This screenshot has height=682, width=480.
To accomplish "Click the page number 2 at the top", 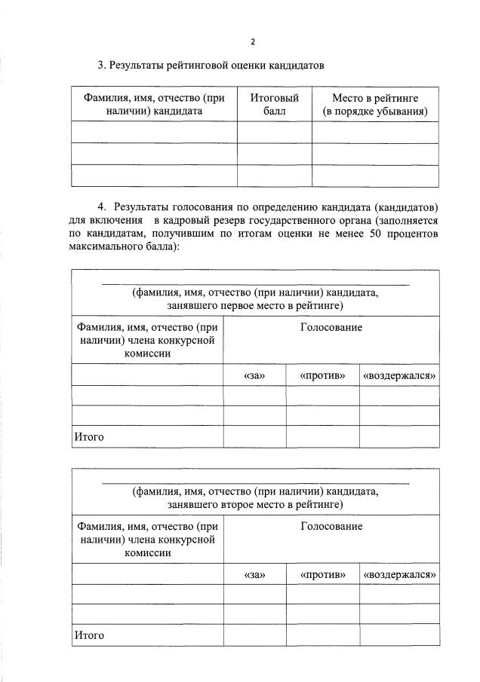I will (x=253, y=41).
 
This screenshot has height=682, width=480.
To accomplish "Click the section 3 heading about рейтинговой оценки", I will (x=211, y=66).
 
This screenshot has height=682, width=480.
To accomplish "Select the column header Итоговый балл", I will (x=274, y=105).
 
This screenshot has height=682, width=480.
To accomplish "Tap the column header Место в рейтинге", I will (x=375, y=105).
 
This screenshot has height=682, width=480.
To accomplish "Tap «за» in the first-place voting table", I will (x=254, y=375).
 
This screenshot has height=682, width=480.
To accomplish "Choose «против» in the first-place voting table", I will (x=322, y=375).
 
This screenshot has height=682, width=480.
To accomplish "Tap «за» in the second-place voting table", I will (x=254, y=574).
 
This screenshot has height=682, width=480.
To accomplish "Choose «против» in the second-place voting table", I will (x=322, y=574).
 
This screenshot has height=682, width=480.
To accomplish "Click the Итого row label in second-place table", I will (x=88, y=635).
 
